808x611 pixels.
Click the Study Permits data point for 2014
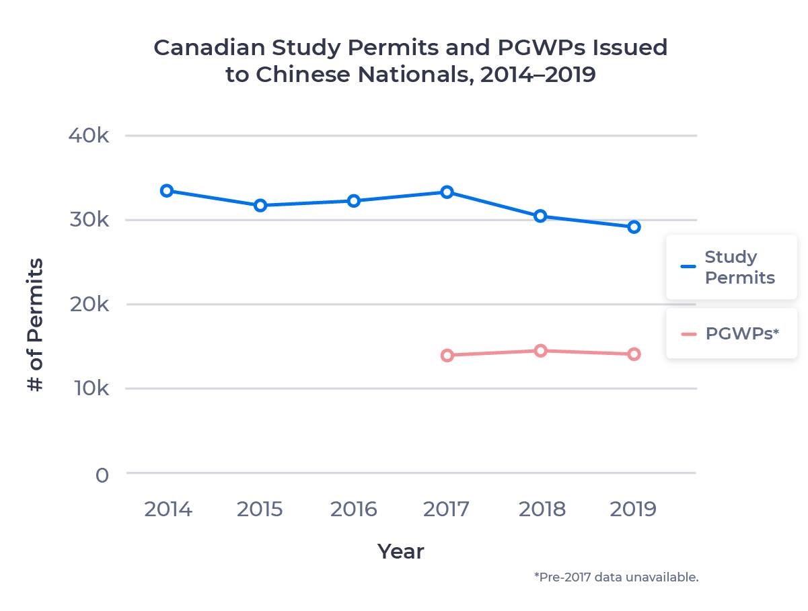coord(167,191)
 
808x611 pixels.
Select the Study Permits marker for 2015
coord(260,205)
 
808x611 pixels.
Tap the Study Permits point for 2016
coord(354,200)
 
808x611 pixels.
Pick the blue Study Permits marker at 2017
coord(447,192)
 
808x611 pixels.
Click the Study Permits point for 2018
coord(540,216)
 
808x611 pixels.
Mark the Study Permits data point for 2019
coord(634,227)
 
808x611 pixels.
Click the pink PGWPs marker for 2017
coord(447,356)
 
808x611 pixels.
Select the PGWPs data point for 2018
coord(540,350)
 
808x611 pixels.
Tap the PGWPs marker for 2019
coord(634,354)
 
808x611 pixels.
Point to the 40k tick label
coord(88,136)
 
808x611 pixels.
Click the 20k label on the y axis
coord(88,304)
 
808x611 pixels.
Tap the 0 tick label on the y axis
coord(102,475)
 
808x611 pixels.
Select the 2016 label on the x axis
coord(354,510)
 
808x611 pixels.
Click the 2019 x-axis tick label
coord(634,510)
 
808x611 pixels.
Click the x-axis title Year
coord(401,552)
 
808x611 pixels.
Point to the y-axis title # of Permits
coord(35,325)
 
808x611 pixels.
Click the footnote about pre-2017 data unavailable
coord(616,577)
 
